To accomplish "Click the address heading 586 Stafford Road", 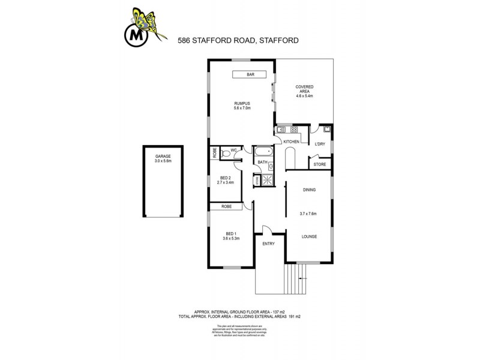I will tap(238, 41).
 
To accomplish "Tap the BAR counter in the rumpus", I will tap(251, 74).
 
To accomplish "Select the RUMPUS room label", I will tap(242, 103).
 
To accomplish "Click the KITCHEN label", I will tap(292, 141).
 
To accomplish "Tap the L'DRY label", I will tap(320, 144).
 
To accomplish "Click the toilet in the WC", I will tap(226, 153).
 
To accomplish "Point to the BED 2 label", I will tap(226, 179).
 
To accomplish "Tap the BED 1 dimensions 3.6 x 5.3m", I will tap(231, 238).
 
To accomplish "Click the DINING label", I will tap(309, 190).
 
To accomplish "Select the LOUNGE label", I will tap(309, 236).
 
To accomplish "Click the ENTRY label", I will tap(268, 243).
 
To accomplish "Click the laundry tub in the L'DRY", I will tap(326, 129).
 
